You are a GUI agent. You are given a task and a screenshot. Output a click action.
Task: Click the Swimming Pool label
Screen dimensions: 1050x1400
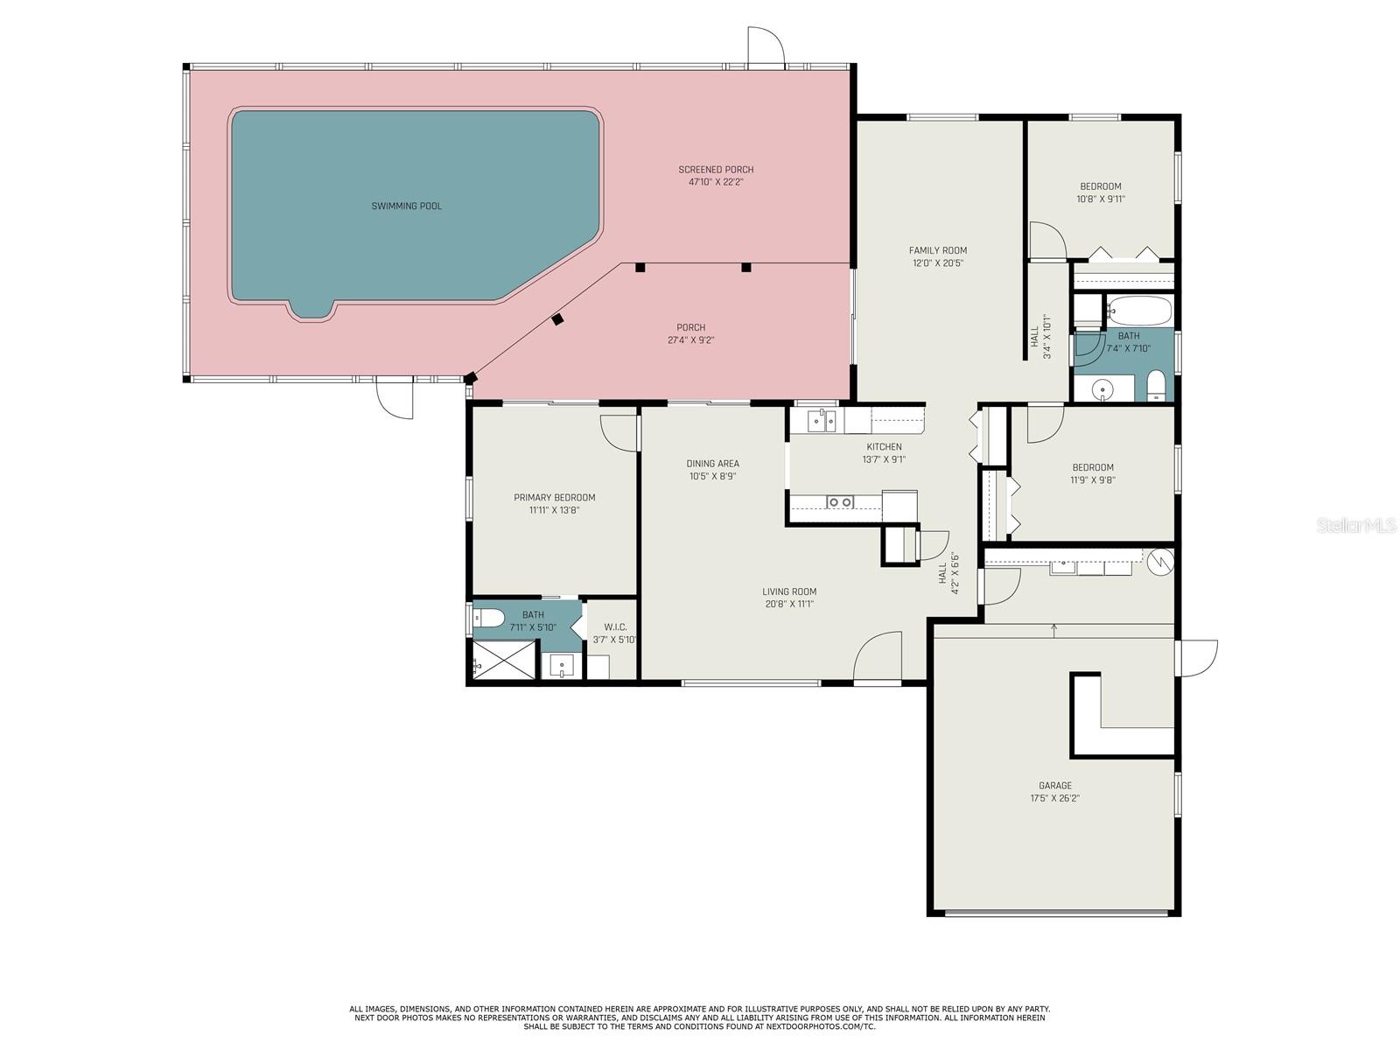(x=406, y=206)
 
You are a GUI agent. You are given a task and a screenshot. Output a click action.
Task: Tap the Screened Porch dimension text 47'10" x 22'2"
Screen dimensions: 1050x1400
(x=716, y=182)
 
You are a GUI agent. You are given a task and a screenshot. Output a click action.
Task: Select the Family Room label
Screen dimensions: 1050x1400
(x=937, y=250)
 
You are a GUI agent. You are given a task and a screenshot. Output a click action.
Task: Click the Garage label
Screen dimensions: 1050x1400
(x=1055, y=786)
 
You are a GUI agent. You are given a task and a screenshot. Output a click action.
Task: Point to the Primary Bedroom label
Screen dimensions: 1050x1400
(x=554, y=498)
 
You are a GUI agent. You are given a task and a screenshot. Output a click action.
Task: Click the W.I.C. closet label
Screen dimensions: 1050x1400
(x=615, y=626)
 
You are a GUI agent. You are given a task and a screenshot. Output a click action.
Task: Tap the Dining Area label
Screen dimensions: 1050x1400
(x=712, y=464)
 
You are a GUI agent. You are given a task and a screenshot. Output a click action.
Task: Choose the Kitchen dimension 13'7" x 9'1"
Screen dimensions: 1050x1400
(x=884, y=459)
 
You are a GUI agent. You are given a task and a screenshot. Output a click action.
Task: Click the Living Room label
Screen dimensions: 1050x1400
(x=788, y=591)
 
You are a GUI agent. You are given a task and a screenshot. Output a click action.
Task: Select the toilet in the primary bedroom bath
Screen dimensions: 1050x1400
(x=487, y=619)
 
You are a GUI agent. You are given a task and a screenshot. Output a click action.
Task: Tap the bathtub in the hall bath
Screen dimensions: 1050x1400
(x=1138, y=311)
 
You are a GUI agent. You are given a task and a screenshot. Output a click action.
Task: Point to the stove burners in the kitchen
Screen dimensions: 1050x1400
(x=840, y=501)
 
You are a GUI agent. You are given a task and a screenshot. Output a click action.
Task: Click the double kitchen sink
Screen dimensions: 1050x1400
(x=822, y=422)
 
